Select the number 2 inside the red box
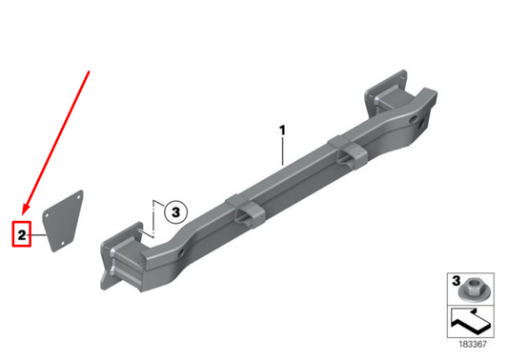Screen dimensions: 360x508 [x=21, y=233]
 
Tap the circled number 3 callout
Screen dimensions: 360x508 [x=174, y=212]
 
